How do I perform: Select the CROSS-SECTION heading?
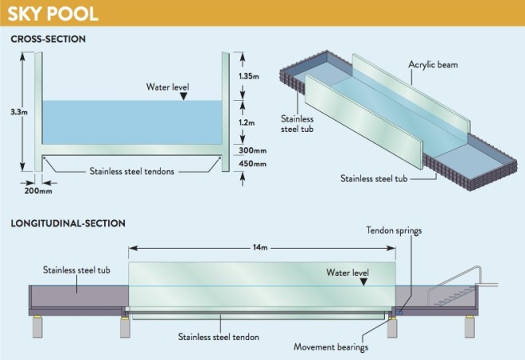(x=49, y=39)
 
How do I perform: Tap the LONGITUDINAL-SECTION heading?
(x=68, y=224)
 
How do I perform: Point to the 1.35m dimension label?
(x=249, y=77)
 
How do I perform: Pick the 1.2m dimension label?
(x=247, y=123)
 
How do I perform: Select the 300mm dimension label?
(x=251, y=149)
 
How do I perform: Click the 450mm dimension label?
(x=251, y=164)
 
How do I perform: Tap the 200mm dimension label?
(x=38, y=191)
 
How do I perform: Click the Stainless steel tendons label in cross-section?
(x=131, y=169)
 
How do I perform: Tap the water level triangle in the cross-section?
(x=184, y=95)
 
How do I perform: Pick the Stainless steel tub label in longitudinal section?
(x=77, y=270)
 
